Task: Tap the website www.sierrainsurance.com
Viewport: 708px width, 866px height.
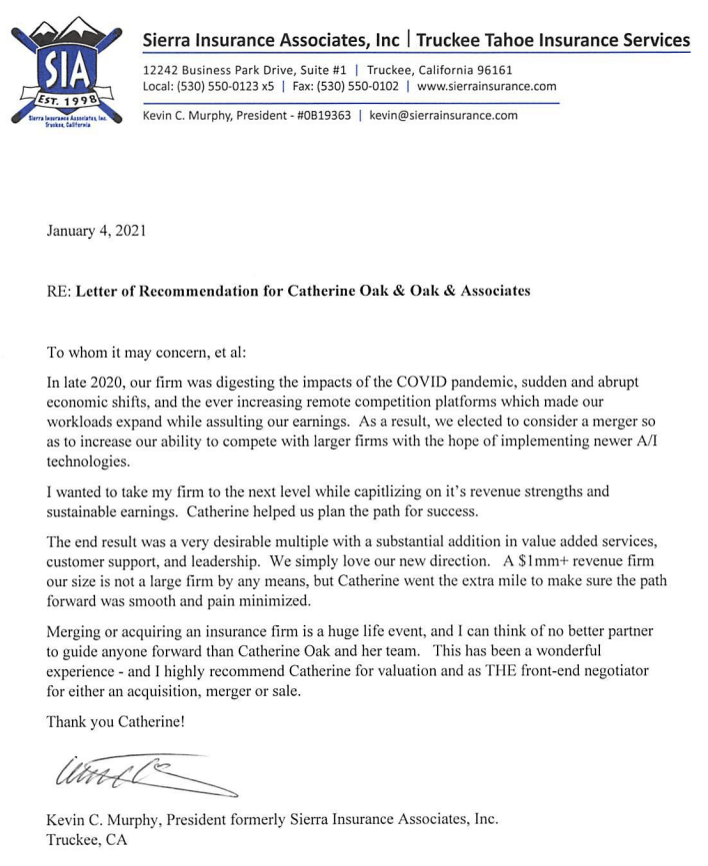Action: tap(487, 86)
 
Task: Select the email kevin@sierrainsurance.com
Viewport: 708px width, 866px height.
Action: tap(443, 115)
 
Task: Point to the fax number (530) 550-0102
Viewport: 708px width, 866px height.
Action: tap(360, 86)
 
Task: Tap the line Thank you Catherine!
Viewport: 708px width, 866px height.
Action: tap(115, 722)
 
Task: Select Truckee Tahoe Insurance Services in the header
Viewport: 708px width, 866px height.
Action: tap(553, 40)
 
